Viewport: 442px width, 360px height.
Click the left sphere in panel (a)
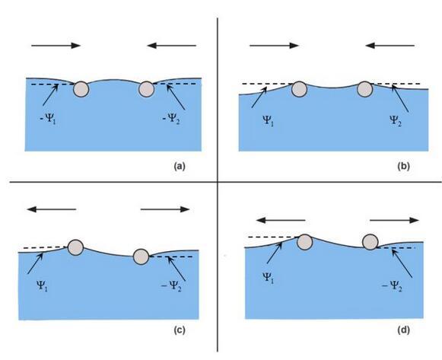tap(81, 89)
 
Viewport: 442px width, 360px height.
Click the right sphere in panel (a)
tap(147, 89)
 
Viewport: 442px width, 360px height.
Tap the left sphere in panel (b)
tap(299, 89)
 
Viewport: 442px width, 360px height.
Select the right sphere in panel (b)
tap(365, 89)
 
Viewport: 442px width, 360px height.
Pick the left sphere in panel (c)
tap(75, 248)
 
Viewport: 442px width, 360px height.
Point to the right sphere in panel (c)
tap(141, 256)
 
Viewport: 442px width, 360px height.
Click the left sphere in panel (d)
tap(305, 242)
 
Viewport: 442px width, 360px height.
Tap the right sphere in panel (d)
tap(370, 242)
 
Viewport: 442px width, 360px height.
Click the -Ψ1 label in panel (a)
tap(48, 119)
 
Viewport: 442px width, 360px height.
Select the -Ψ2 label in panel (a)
tap(171, 119)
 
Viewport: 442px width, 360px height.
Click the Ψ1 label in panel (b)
tap(268, 120)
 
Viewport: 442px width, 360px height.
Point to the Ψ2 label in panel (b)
tap(396, 120)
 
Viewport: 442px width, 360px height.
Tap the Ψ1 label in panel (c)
tap(42, 285)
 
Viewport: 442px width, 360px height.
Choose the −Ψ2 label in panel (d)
tap(392, 286)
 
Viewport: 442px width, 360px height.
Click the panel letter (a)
tap(180, 166)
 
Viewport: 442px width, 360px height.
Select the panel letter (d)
tap(403, 330)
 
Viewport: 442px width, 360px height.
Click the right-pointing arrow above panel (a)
tap(56, 46)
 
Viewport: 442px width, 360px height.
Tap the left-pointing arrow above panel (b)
tap(390, 45)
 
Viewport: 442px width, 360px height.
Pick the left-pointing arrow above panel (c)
tap(51, 209)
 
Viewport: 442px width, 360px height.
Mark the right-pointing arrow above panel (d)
tap(394, 220)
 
